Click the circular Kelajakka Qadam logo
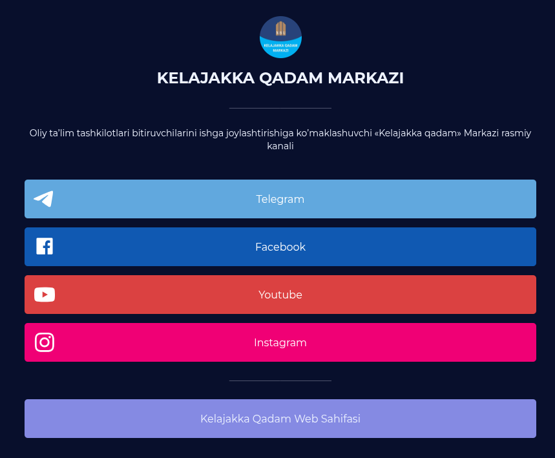point(280,37)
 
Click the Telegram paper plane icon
point(43,199)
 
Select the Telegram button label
point(280,199)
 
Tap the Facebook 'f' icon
point(45,246)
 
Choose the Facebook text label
point(280,247)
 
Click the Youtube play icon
point(45,295)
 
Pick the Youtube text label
point(280,295)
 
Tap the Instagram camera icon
point(45,342)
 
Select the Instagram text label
point(280,342)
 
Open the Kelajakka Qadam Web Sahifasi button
point(280,419)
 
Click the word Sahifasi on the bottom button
point(340,419)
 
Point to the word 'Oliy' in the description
point(38,133)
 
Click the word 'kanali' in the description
point(280,146)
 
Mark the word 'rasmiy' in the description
point(516,133)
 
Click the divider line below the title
point(280,108)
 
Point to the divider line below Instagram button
point(280,380)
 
